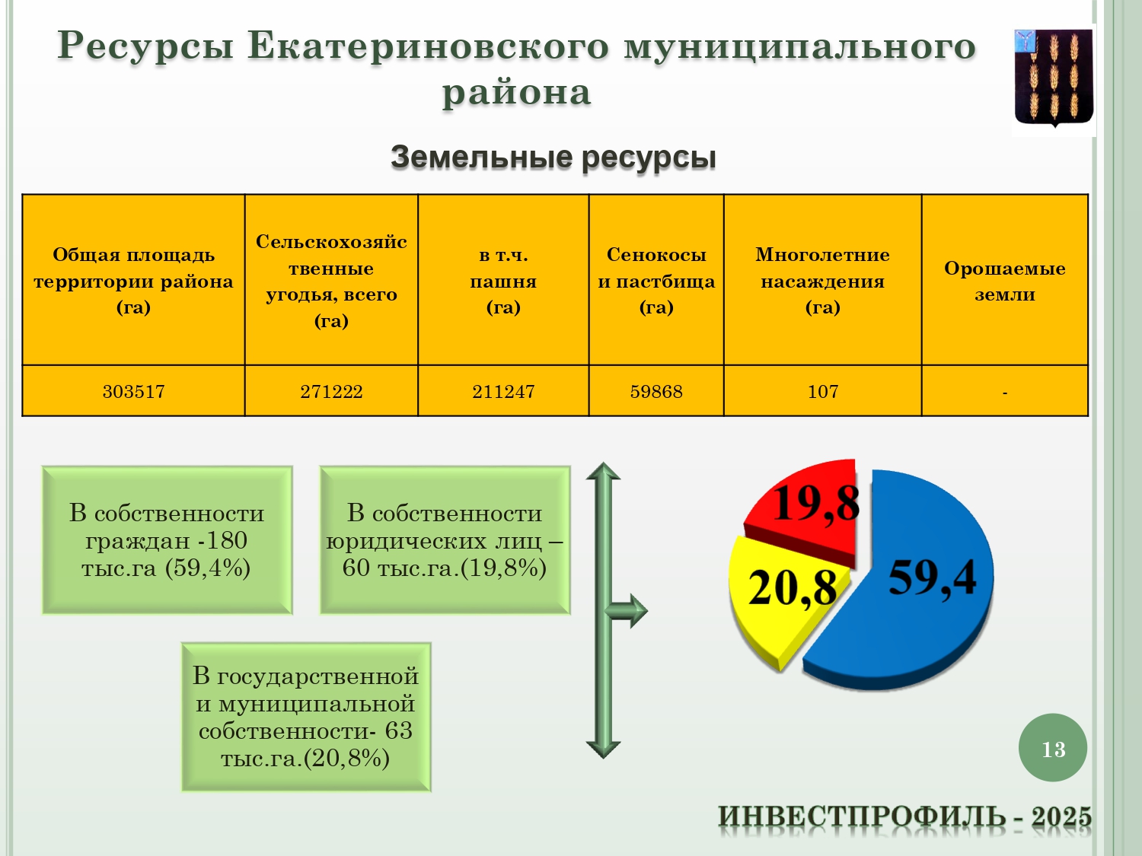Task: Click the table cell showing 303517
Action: coord(134,391)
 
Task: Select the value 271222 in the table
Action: coord(331,391)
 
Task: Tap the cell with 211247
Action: coord(503,391)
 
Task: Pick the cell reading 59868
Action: coord(656,391)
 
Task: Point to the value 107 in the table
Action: coord(822,391)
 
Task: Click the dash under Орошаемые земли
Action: coord(1005,393)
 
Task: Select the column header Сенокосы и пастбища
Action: coord(656,280)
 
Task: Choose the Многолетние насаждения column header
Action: coord(822,280)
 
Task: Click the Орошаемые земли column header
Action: coord(1005,281)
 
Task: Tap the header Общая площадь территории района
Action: coord(134,280)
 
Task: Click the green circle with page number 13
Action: coord(1053,748)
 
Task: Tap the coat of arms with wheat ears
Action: coord(1054,78)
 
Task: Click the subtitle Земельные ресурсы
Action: coord(553,157)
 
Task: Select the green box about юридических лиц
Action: coord(445,540)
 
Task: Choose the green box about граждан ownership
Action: coord(167,540)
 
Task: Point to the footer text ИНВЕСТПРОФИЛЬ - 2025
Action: coord(904,816)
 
